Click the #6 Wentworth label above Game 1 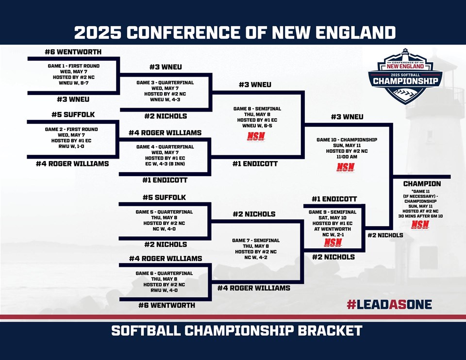pos(73,52)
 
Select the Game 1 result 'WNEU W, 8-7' pos(74,83)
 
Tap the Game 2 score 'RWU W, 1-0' pos(71,146)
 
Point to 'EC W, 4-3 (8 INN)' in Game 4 pos(165,164)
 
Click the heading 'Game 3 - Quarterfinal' pos(165,82)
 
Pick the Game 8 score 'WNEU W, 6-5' pos(257,126)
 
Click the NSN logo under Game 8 pos(256,136)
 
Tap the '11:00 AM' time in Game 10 pos(347,157)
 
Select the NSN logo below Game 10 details pos(346,167)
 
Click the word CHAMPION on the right pos(422,184)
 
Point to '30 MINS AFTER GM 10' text pos(420,216)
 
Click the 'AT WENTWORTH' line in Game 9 pos(333,229)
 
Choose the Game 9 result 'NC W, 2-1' pos(333,235)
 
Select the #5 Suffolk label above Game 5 pos(164,197)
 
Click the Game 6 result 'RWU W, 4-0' pos(164,290)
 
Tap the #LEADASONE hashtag pos(389,305)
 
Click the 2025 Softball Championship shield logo pos(406,76)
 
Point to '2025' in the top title pos(98,33)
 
